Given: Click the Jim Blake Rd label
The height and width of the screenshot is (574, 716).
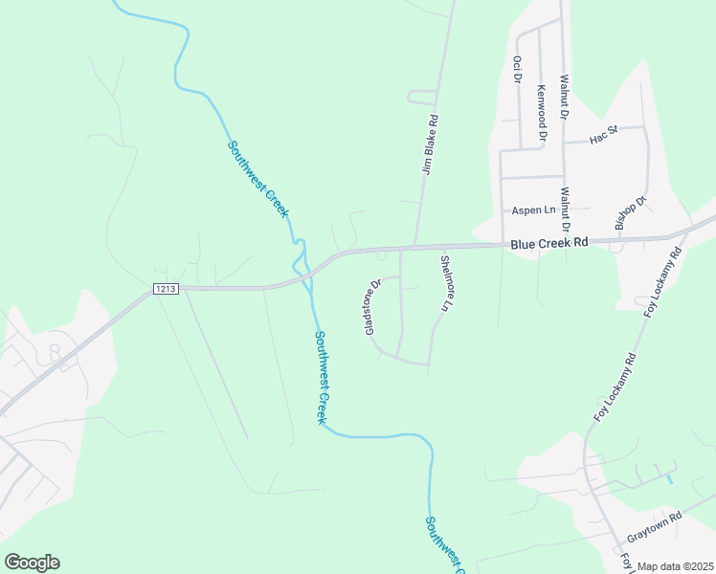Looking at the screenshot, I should (x=431, y=145).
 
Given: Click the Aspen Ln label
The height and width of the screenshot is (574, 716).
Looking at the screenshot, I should (x=534, y=210).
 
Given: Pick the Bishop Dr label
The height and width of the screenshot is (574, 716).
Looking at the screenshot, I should (x=632, y=213).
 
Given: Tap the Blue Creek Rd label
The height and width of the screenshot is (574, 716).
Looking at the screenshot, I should (x=549, y=244).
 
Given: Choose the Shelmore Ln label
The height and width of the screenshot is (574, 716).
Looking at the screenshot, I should (x=445, y=283).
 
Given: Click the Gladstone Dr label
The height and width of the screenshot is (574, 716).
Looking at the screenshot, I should (x=372, y=306).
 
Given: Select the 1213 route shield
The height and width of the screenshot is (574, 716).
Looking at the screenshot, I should (x=166, y=288).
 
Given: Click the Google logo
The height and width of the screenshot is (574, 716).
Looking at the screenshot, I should (x=32, y=563).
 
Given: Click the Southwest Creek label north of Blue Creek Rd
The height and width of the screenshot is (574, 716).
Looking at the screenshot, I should (x=257, y=179).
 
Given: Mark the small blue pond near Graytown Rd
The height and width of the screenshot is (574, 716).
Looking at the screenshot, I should (x=670, y=477).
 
